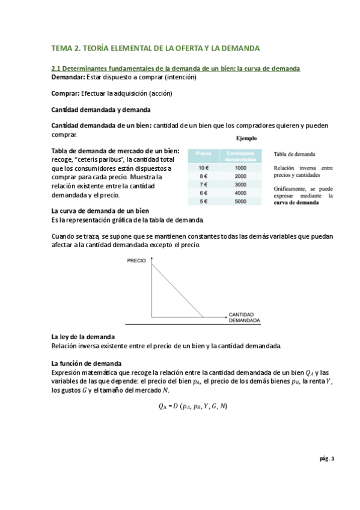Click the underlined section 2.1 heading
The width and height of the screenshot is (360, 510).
pyautogui.click(x=175, y=69)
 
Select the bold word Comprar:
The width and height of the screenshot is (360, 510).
pyautogui.click(x=65, y=93)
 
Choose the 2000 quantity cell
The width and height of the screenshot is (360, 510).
pyautogui.click(x=240, y=176)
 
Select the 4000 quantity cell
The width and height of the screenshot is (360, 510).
pyautogui.click(x=240, y=193)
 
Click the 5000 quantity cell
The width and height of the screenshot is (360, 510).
pyautogui.click(x=240, y=201)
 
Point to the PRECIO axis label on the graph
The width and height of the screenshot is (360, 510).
pyautogui.click(x=137, y=260)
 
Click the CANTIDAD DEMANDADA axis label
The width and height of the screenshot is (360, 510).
pyautogui.click(x=243, y=318)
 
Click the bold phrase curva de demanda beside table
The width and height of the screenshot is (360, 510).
pyautogui.click(x=296, y=203)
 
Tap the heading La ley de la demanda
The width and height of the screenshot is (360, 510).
pyautogui.click(x=83, y=337)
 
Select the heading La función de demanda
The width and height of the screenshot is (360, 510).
pyautogui.click(x=86, y=363)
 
